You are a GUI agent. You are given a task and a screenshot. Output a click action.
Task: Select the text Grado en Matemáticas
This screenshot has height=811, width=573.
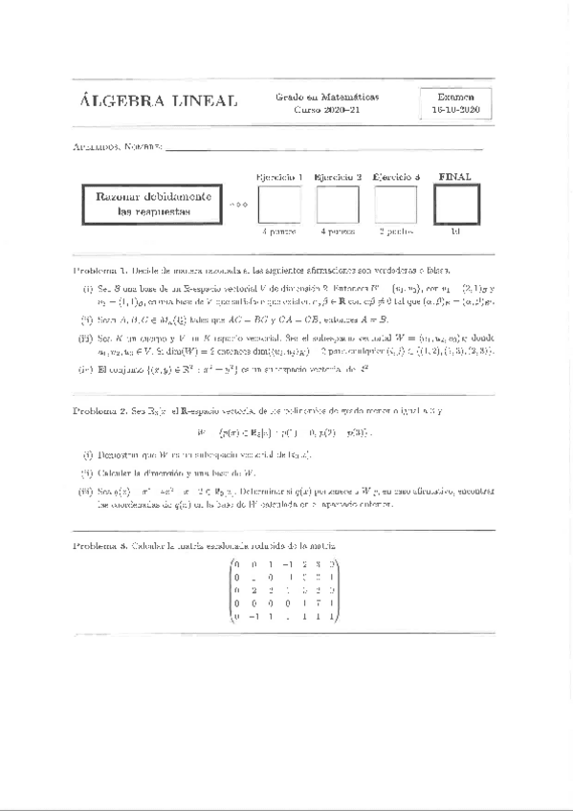[x=327, y=97]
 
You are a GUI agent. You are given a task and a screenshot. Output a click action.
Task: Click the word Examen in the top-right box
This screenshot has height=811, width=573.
[x=455, y=97]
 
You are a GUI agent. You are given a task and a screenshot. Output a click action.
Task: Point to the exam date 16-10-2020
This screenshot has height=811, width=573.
[x=455, y=111]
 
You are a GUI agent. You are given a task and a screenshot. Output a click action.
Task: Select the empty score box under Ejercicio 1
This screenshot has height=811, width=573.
[x=280, y=204]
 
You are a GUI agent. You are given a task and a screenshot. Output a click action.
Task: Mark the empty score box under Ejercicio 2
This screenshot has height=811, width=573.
[x=338, y=204]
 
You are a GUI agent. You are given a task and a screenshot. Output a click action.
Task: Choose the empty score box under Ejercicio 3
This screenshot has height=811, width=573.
[x=395, y=204]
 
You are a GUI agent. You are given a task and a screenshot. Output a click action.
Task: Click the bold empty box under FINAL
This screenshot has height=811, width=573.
[x=455, y=204]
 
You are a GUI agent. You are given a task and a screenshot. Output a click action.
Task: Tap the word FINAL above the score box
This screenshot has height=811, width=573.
[x=455, y=176]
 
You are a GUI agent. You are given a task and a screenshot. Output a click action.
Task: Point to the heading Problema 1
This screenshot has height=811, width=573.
[x=100, y=271]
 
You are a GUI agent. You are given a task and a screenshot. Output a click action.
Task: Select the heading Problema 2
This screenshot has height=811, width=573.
[x=100, y=410]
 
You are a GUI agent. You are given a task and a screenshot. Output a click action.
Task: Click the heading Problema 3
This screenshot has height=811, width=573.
[x=100, y=545]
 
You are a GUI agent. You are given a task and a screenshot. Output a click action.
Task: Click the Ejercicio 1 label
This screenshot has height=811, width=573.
[x=280, y=177]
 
